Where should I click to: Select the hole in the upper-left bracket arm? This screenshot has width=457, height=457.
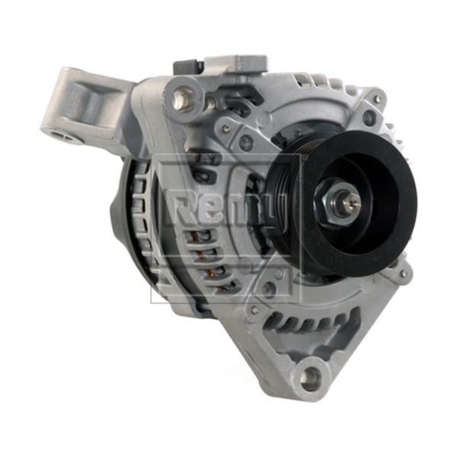pos(62,136)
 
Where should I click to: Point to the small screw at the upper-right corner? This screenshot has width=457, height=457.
pos(378,98)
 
